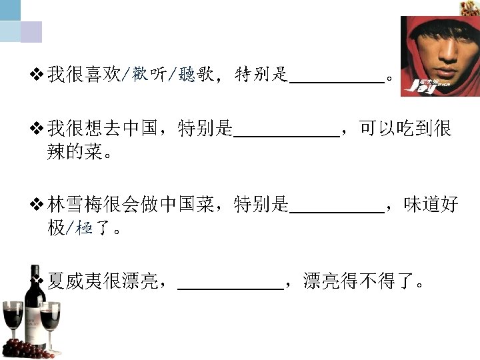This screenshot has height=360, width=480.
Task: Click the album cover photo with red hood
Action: pos(439,56)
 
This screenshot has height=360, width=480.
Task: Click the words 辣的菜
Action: pos(75,153)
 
